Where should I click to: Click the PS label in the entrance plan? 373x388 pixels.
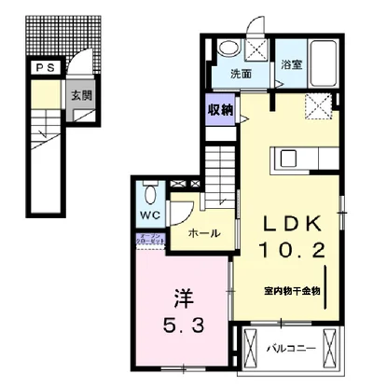click(x=44, y=67)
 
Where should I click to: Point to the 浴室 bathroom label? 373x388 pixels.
click(x=291, y=65)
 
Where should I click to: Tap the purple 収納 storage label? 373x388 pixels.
click(x=220, y=110)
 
